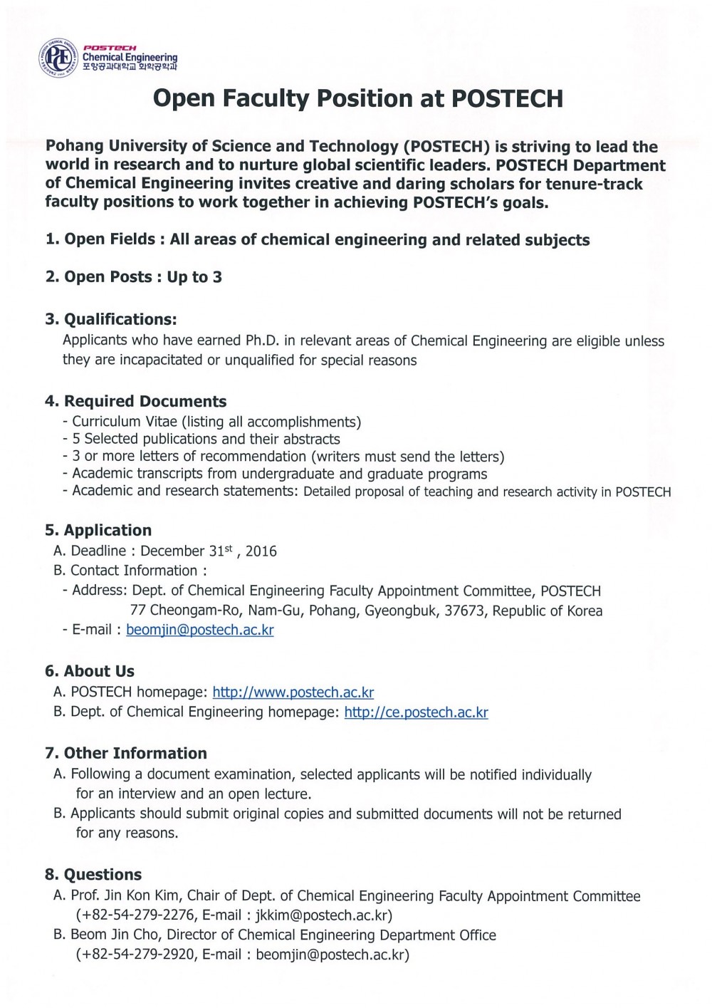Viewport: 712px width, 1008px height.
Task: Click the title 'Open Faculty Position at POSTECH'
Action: click(358, 99)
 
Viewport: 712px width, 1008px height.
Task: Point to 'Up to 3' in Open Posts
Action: click(194, 277)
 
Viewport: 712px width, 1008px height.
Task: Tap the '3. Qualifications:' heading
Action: click(110, 318)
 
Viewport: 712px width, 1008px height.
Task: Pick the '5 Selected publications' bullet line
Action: click(206, 439)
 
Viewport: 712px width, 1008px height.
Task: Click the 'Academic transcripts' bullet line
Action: click(279, 474)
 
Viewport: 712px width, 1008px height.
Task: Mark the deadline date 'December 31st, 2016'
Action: click(209, 551)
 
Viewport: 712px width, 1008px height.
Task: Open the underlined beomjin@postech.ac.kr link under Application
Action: click(200, 630)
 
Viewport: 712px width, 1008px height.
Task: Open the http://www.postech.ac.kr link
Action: click(293, 692)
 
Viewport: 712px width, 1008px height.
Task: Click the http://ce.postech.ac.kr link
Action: click(416, 712)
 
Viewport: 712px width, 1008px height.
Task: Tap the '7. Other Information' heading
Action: click(125, 753)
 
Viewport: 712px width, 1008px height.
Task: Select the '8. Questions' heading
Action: click(93, 874)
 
